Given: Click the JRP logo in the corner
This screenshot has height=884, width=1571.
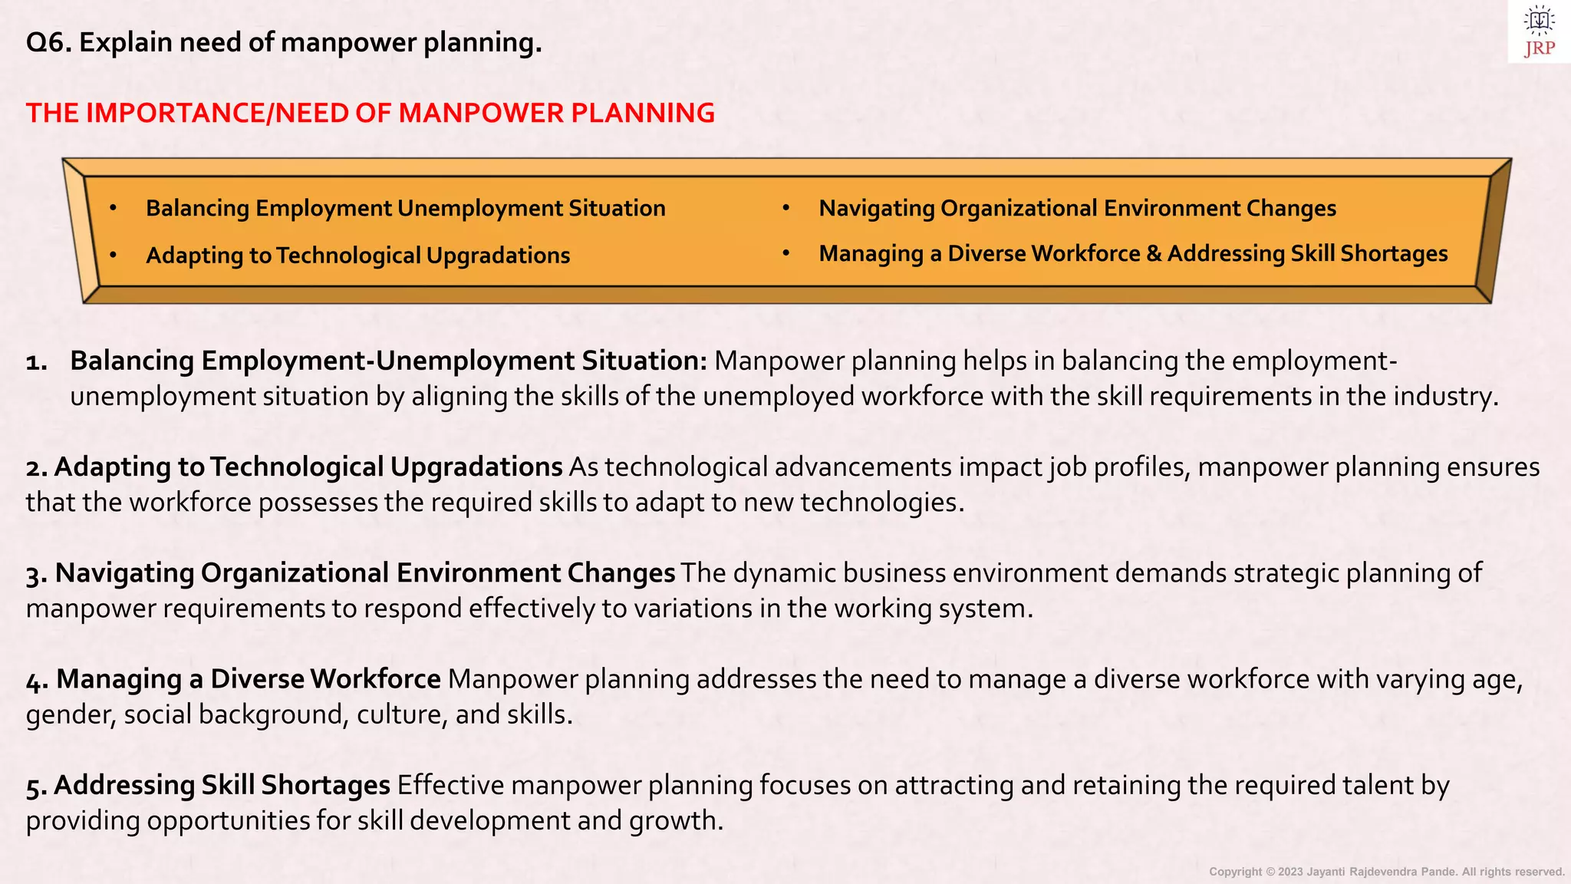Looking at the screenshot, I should [1539, 31].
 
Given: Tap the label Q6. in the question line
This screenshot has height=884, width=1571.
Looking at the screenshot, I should [48, 43].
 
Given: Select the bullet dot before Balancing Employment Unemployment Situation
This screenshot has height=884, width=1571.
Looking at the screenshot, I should [113, 208].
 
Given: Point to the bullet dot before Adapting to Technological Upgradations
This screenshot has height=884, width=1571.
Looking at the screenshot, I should [113, 255].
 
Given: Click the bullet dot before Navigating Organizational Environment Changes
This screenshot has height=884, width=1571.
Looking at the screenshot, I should [785, 208].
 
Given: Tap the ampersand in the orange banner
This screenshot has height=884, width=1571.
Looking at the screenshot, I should [1154, 254].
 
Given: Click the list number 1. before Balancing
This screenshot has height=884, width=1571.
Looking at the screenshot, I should [37, 362].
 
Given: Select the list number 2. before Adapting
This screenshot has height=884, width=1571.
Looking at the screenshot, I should [37, 468].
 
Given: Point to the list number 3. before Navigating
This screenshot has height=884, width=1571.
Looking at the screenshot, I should [37, 574].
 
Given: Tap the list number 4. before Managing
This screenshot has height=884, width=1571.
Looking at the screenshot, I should [37, 680].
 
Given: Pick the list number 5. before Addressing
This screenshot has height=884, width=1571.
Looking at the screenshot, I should [37, 786].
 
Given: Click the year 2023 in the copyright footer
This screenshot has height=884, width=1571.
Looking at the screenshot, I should [1290, 872].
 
